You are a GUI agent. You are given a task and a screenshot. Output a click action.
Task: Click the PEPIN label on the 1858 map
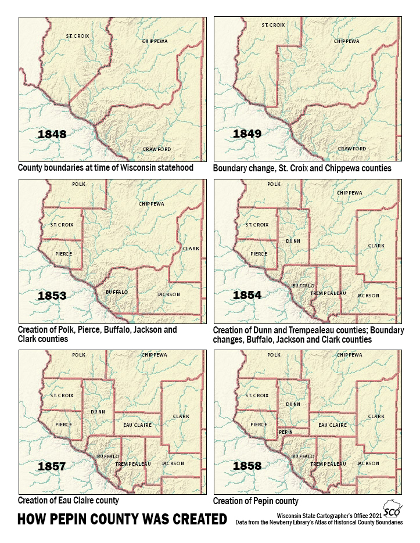point(285,432)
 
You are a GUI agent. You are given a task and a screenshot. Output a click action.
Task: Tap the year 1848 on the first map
point(52,134)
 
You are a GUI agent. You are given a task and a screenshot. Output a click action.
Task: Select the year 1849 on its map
point(247,134)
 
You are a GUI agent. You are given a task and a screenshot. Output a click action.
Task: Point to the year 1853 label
point(52,296)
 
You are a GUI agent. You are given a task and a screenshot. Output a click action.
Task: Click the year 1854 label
point(247,296)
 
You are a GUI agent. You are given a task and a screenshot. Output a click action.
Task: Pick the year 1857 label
point(52,466)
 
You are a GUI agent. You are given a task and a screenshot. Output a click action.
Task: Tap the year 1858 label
point(247,466)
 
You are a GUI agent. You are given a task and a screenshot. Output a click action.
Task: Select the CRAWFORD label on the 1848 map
point(157,149)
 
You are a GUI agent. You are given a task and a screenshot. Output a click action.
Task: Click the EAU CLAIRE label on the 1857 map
point(138,425)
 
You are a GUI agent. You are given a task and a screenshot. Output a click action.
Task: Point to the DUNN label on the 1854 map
point(293,239)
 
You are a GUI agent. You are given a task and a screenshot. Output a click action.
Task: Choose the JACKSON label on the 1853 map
point(168,294)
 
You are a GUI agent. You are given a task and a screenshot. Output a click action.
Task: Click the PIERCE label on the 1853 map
point(63,254)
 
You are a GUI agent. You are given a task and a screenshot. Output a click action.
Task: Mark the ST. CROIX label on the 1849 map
point(273,25)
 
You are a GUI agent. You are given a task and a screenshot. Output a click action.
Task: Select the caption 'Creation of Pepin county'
point(256,501)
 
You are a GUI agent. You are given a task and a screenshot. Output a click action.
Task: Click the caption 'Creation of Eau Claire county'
point(69,500)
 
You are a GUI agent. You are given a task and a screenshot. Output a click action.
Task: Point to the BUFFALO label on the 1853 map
point(116,292)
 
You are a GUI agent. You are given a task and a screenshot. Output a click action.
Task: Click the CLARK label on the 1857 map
point(181,416)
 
